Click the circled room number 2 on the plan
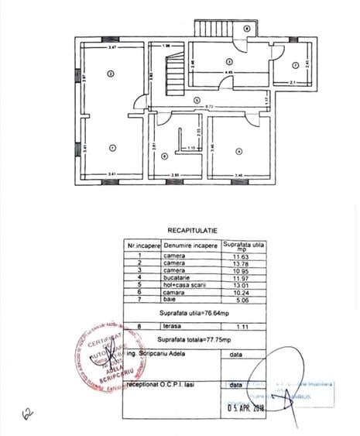coord(111,74)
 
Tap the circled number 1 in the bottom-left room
coord(111,147)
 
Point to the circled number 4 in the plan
coord(239,150)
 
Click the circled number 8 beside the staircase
coord(246,28)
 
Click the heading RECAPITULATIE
coord(192,230)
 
